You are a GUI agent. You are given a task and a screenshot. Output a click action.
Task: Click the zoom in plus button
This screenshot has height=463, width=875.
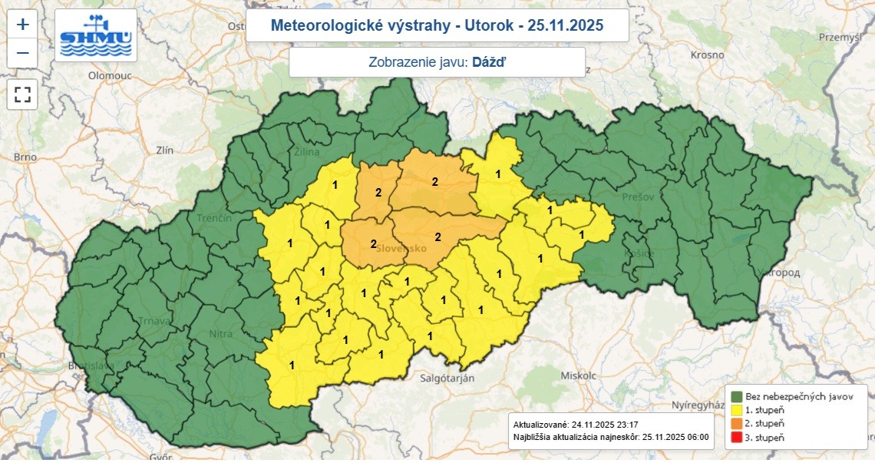click(x=23, y=24)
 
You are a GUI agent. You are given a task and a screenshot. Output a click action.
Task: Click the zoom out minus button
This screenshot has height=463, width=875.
click(x=23, y=53)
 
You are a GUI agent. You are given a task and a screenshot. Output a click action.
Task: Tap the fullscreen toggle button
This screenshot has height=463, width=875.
click(x=23, y=95)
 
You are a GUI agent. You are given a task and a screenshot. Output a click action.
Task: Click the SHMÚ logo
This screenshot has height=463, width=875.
click(x=96, y=36)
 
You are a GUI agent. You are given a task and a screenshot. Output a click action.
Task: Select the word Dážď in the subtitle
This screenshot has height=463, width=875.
click(x=489, y=63)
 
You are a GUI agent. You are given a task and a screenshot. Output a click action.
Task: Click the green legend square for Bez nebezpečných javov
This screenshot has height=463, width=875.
click(x=736, y=396)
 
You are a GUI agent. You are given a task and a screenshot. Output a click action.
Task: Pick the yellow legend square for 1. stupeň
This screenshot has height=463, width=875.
click(x=736, y=410)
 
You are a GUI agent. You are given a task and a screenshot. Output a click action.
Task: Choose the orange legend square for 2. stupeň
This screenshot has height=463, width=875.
click(x=736, y=424)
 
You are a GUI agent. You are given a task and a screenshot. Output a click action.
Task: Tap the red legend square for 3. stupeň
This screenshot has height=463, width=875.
click(x=736, y=438)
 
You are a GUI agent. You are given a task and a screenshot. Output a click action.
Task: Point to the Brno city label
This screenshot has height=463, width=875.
click(x=25, y=157)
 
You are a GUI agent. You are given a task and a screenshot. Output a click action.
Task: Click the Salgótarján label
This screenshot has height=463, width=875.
click(x=447, y=379)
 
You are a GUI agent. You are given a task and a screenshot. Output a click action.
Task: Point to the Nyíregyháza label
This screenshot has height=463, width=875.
click(x=701, y=405)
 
